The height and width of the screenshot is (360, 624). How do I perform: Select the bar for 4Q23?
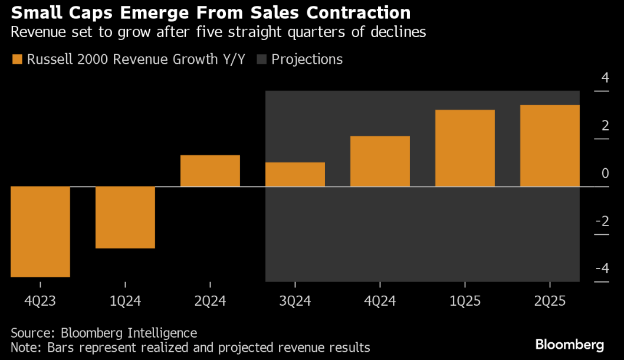pos(40,231)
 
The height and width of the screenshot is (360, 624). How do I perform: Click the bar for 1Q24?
pos(125,217)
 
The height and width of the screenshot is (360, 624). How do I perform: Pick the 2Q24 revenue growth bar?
pos(210,171)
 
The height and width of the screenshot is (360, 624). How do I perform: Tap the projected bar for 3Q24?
pos(295,175)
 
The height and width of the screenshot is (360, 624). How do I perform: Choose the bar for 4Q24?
pos(380,162)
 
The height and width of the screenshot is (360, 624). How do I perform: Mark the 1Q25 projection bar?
pos(465,148)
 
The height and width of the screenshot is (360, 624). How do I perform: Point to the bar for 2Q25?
pos(550,146)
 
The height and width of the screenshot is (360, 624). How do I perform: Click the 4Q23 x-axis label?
pos(40,301)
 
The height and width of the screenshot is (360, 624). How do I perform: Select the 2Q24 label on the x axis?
pos(210,301)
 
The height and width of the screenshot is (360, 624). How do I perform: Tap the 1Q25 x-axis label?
pos(465,301)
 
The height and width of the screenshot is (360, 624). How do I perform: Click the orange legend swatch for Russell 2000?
pos(17,60)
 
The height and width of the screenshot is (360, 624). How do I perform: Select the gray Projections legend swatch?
pos(261,60)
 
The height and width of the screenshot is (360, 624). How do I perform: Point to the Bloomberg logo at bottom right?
pos(569,345)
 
